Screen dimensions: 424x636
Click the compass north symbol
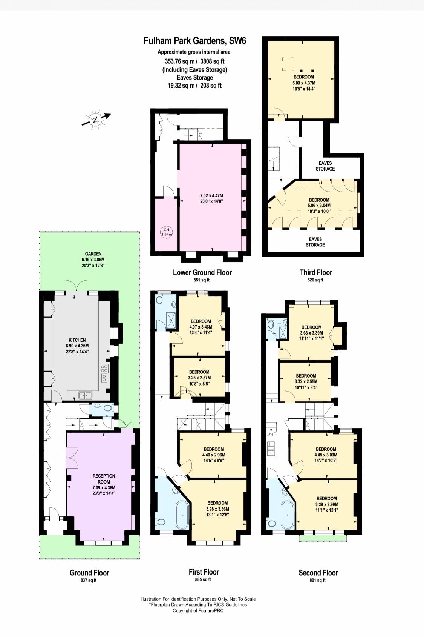point(96,120)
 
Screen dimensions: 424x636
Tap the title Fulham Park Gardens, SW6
point(194,41)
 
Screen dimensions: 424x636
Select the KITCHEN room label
point(77,340)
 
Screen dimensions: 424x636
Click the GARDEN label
point(93,254)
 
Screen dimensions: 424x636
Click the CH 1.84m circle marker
point(167,232)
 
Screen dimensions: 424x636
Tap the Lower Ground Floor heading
point(202,272)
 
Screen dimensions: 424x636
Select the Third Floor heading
point(316,272)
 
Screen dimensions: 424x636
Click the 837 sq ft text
point(89,580)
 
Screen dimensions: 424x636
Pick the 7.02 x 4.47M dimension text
point(211,196)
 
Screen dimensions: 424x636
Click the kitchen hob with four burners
point(104,369)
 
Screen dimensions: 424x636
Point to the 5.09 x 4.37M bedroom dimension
point(304,83)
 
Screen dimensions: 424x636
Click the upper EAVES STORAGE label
point(325,166)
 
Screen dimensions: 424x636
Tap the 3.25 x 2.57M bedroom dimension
point(199,378)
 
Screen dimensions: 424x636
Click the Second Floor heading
point(318,573)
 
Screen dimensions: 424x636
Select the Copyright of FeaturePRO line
point(198,611)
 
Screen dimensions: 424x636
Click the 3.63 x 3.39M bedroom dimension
point(311,333)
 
